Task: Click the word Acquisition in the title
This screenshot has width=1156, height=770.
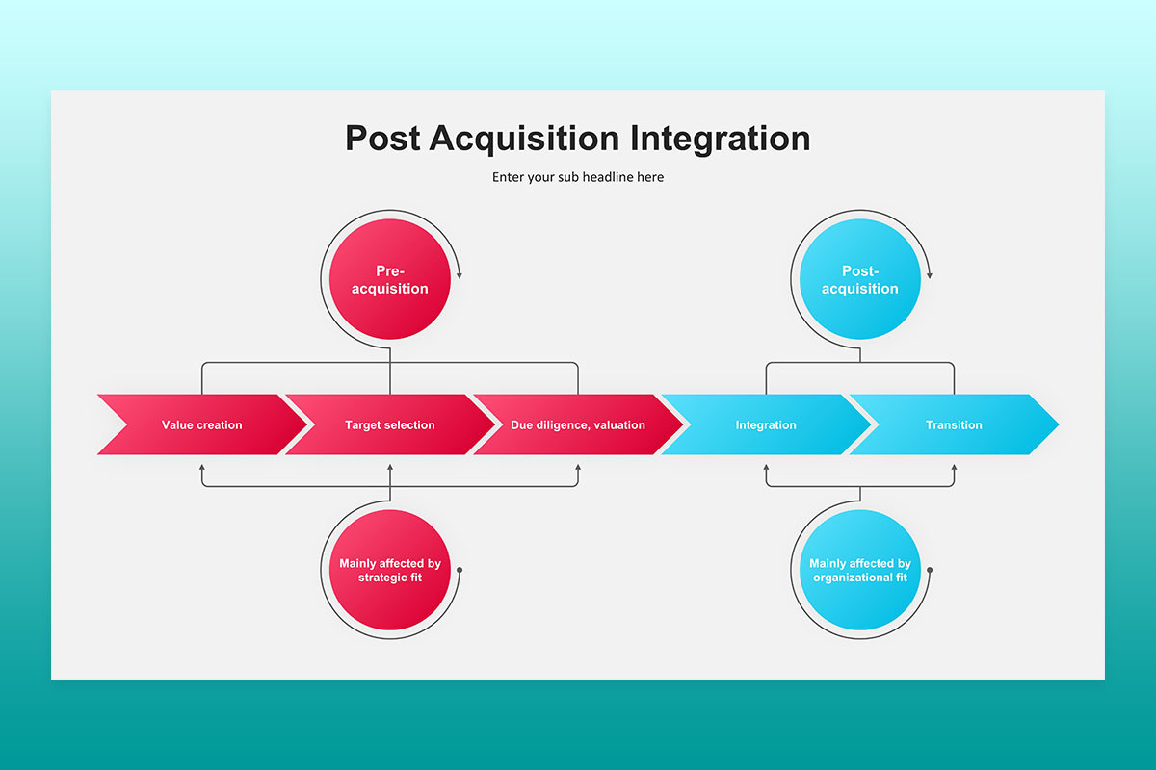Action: pyautogui.click(x=524, y=140)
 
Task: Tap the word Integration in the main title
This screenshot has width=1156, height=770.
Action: pyautogui.click(x=720, y=140)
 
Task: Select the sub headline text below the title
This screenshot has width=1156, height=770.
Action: pyautogui.click(x=578, y=177)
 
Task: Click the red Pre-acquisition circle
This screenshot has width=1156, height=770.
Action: pyautogui.click(x=389, y=279)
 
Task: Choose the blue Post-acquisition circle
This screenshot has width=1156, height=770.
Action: pyautogui.click(x=859, y=279)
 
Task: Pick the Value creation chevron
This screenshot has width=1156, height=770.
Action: pyautogui.click(x=201, y=424)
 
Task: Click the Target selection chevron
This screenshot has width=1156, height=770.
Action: pyautogui.click(x=389, y=424)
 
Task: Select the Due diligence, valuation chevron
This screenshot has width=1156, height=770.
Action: pyautogui.click(x=578, y=424)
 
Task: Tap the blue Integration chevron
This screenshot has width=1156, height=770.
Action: pyautogui.click(x=766, y=424)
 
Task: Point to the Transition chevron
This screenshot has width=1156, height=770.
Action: pyautogui.click(x=954, y=424)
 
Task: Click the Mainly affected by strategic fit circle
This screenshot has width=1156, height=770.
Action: pyautogui.click(x=389, y=570)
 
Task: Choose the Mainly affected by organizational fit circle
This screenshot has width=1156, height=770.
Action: pyautogui.click(x=859, y=570)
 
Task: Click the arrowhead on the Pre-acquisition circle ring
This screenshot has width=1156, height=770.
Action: pyautogui.click(x=460, y=275)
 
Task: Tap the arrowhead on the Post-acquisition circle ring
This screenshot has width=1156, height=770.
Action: pyautogui.click(x=930, y=275)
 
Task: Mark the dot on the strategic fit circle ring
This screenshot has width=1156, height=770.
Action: pyautogui.click(x=460, y=570)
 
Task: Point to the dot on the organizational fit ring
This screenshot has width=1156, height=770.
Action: pyautogui.click(x=930, y=570)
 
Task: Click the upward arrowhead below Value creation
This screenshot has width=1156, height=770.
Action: pyautogui.click(x=201, y=467)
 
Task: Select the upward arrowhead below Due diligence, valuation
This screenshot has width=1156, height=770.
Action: pyautogui.click(x=578, y=467)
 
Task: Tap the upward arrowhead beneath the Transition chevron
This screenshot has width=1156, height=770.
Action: pyautogui.click(x=954, y=467)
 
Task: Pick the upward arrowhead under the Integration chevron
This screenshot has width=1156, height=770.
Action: pyautogui.click(x=766, y=467)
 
